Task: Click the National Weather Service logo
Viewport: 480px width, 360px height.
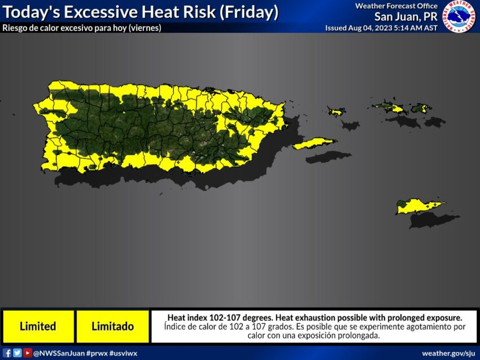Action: click(459, 16)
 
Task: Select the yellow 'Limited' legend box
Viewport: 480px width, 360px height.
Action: click(38, 326)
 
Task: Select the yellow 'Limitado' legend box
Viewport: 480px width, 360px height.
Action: click(112, 326)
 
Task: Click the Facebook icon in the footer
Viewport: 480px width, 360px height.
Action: click(8, 353)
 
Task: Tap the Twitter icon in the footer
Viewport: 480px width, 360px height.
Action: click(18, 353)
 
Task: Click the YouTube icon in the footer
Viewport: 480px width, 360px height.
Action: click(27, 353)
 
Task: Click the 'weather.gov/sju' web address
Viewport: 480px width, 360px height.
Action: click(449, 353)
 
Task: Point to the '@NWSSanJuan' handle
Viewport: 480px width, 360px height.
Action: click(59, 353)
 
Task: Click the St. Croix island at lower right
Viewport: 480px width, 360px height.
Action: click(421, 207)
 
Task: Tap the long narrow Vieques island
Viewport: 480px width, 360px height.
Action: click(315, 144)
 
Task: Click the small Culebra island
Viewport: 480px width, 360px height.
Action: click(335, 112)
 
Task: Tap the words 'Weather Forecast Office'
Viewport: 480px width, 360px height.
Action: click(396, 6)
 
